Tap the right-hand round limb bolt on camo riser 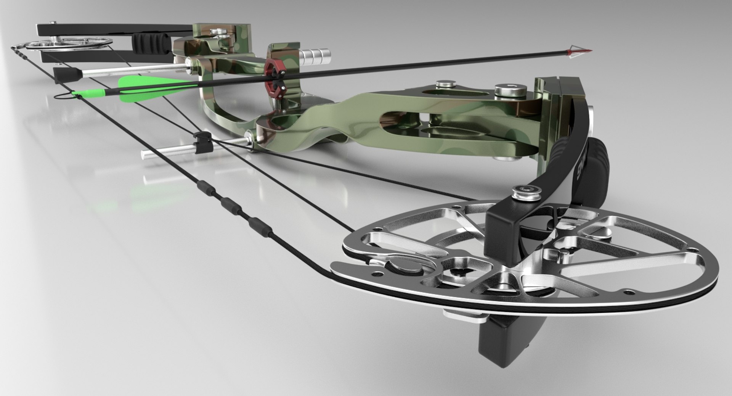510,92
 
